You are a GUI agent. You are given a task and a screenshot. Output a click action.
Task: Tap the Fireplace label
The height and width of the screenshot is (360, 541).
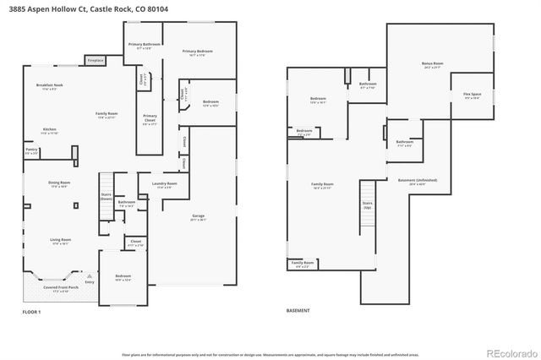coord(95,61)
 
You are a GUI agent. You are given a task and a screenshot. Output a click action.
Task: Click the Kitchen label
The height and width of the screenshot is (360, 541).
coord(50,130)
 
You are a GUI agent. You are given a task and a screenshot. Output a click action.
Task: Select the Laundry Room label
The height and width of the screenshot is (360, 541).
coord(164,184)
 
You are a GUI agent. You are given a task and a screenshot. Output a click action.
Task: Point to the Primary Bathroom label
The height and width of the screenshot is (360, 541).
coord(145,46)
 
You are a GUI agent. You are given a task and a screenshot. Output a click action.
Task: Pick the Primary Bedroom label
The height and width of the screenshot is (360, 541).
coord(197,52)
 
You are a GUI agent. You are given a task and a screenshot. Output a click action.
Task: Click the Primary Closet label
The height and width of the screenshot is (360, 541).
coord(150,117)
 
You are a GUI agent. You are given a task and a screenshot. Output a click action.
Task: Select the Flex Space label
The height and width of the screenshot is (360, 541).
coord(472,95)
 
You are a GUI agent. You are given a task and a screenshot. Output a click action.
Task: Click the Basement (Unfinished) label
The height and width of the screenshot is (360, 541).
coord(413,182)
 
